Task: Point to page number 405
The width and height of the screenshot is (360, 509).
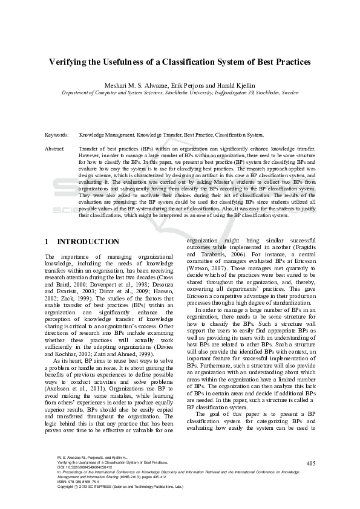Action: pyautogui.click(x=311, y=480)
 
